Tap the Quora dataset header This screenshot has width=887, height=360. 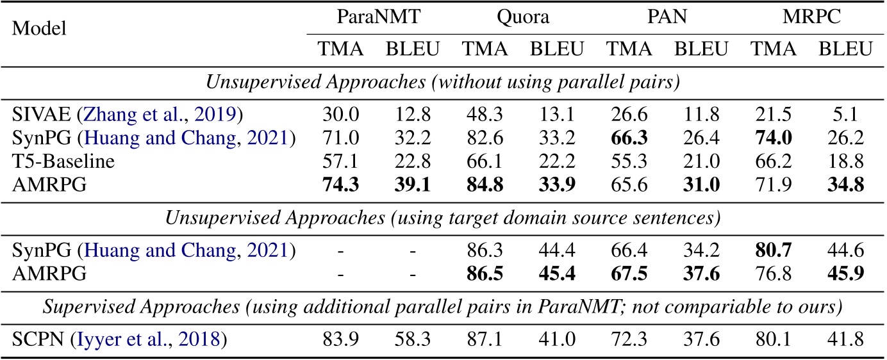[522, 17]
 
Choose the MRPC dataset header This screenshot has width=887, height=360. [812, 17]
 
